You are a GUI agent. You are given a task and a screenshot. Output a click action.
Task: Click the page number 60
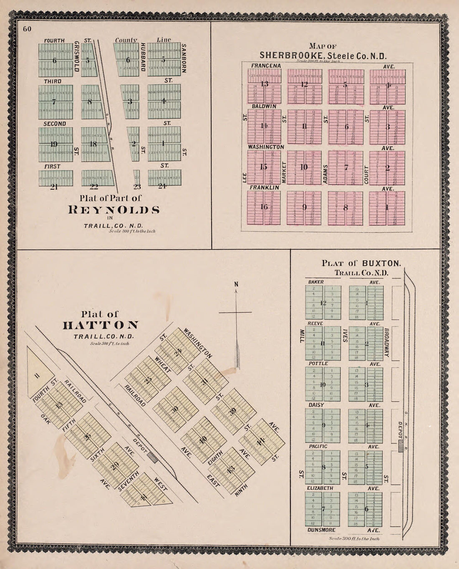click(28, 29)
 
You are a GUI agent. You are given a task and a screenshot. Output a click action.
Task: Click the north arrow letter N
click(236, 284)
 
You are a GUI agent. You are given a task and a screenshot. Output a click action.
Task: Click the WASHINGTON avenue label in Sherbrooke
click(266, 147)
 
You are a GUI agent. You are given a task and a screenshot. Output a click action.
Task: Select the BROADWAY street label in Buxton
click(386, 342)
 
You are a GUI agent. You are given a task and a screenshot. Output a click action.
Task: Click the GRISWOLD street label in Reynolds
click(77, 56)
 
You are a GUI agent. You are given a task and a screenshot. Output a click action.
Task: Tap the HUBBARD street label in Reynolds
click(142, 57)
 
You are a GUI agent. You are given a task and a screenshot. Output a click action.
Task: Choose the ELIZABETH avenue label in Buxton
click(320, 488)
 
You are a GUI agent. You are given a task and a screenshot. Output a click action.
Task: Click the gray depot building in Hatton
click(153, 457)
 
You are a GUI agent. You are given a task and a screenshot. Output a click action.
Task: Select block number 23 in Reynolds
click(137, 187)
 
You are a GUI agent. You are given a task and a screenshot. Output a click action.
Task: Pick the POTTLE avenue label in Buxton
click(318, 364)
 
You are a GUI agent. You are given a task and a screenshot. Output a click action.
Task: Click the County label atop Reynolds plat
click(126, 40)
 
